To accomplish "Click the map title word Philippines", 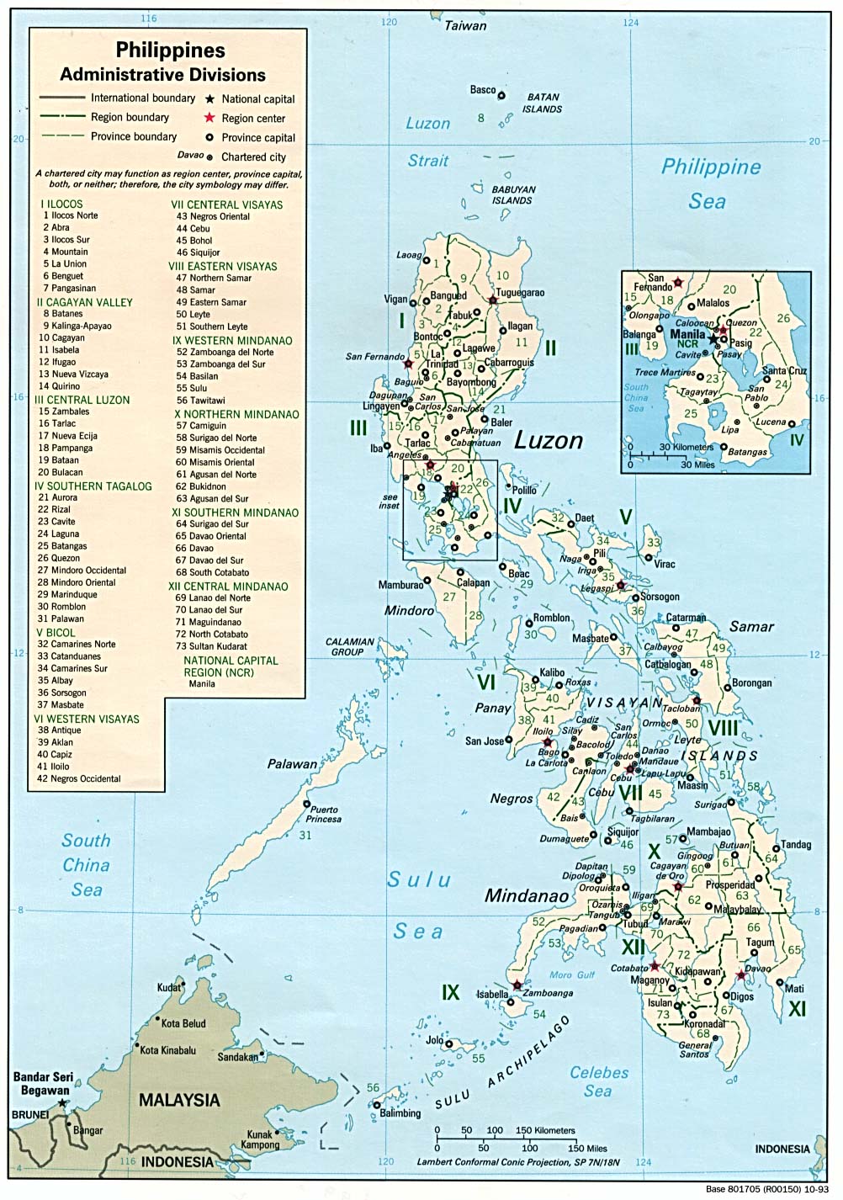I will [171, 50].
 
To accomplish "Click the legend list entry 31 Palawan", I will [61, 619].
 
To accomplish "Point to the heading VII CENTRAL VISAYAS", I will [226, 204].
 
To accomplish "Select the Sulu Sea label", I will [418, 905].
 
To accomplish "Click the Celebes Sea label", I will [598, 1081].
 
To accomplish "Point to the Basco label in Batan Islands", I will [482, 90].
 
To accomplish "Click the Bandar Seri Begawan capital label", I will [41, 1083].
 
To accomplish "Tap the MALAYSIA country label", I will [179, 1100].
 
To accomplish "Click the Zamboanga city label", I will [548, 993].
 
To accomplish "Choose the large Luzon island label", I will [549, 440].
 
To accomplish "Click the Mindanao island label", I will [527, 895].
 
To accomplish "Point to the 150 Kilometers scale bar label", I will [544, 1130].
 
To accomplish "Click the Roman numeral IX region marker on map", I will [451, 993].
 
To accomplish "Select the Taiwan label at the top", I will [465, 25].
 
